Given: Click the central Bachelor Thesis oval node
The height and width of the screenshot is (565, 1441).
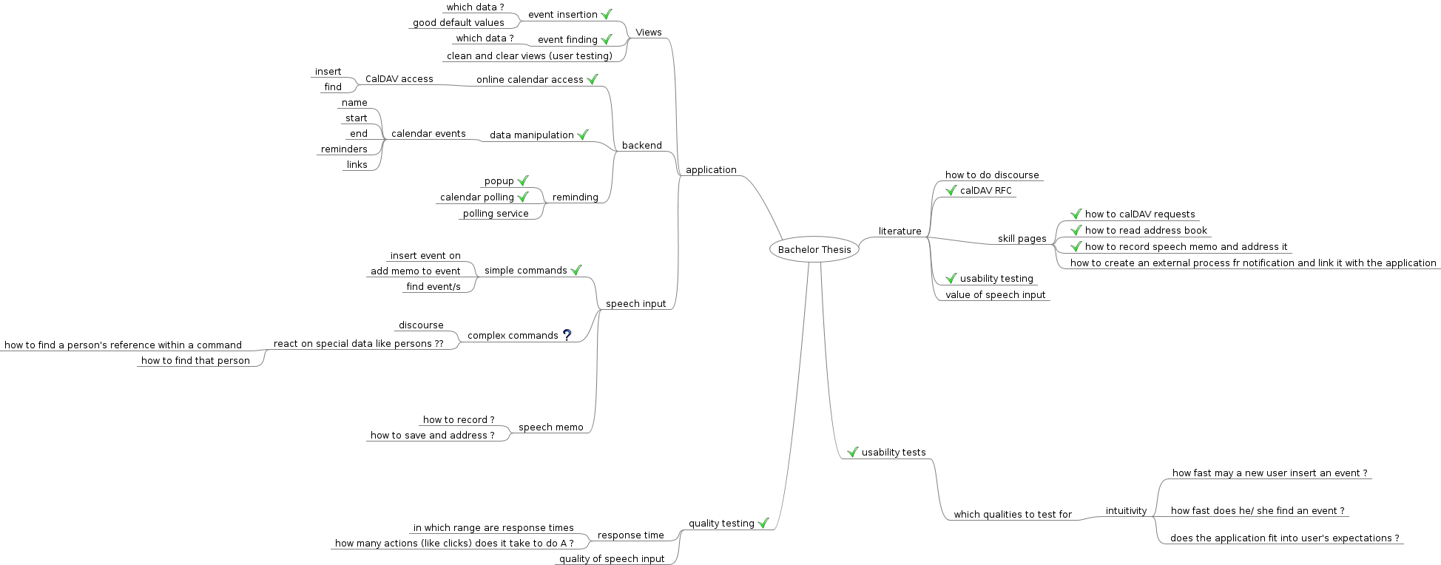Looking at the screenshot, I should [814, 250].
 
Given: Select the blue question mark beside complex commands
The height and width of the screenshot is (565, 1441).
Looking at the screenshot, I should [567, 335].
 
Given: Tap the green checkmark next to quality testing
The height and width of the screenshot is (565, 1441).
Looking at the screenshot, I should [763, 523].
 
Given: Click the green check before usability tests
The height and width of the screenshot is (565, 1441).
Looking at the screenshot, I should [852, 452].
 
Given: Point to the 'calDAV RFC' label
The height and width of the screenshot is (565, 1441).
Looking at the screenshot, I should [985, 191].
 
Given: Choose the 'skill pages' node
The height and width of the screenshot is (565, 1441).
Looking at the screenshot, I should [1022, 239].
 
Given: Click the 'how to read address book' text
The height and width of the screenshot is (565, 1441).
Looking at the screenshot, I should [1146, 231].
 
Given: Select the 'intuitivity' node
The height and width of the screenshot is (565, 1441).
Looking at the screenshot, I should [1126, 511].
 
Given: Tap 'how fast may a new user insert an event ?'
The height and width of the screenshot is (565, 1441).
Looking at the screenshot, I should [1269, 473].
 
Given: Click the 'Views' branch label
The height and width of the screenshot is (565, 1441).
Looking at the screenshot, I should [648, 33].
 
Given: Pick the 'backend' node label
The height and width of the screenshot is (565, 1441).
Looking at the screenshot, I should [641, 146].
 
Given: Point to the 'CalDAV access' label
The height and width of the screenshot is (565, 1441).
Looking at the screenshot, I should [399, 79].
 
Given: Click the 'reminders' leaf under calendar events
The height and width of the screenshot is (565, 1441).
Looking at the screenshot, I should [344, 149].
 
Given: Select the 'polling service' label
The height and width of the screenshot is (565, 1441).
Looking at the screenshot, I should [496, 214].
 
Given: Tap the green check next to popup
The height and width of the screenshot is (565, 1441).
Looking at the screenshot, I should [523, 180].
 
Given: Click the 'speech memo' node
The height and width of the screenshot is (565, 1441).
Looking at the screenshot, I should [550, 427].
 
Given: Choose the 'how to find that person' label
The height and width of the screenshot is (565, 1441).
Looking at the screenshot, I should [195, 361].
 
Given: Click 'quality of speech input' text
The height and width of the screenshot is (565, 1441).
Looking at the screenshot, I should [612, 559].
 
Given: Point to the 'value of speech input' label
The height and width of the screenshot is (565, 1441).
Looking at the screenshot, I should [995, 295].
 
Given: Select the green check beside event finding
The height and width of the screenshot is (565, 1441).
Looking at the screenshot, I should [607, 39].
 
